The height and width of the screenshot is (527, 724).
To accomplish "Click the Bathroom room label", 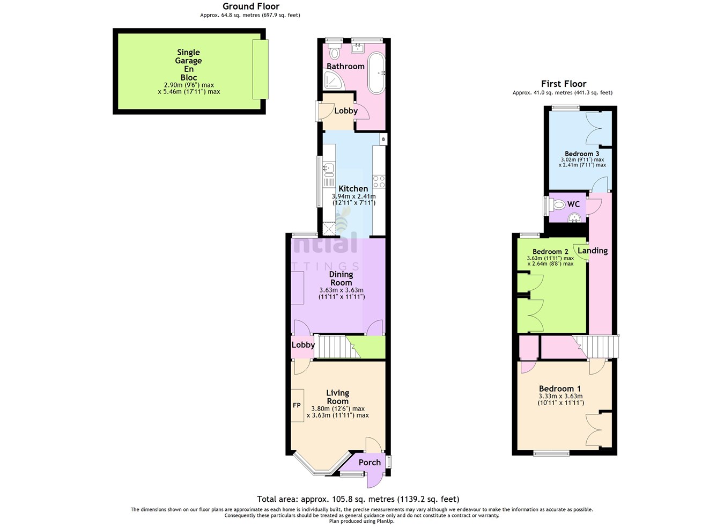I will tap(345, 66).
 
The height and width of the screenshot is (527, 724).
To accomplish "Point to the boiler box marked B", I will tap(383, 140).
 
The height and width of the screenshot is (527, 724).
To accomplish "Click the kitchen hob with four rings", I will tap(379, 181).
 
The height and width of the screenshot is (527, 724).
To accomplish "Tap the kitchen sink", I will tap(329, 170).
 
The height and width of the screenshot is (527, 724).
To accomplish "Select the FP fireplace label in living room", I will tap(297, 405).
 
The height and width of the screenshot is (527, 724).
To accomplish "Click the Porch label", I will tap(370, 462).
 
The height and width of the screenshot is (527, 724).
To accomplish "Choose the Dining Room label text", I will tap(341, 279).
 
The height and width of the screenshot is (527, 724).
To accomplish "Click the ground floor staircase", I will tap(334, 347).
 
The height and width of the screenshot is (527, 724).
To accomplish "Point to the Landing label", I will tap(593, 251).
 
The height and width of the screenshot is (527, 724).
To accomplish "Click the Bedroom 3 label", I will tap(582, 153).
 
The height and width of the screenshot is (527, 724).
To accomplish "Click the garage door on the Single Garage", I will tap(260, 69).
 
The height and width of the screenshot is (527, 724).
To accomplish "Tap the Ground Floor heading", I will tap(250, 6).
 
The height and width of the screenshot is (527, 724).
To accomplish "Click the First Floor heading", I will tap(563, 84).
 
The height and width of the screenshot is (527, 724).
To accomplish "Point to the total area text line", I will tap(358, 499).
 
